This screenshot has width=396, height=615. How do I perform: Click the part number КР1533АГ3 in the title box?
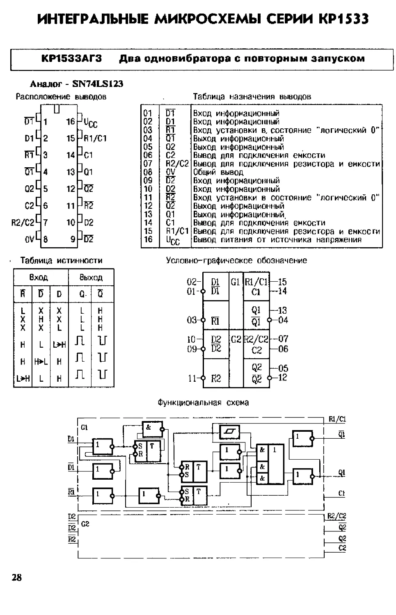tap(71, 59)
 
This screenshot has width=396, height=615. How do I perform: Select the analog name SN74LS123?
tap(98, 84)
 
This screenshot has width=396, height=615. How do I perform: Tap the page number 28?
tap(16, 578)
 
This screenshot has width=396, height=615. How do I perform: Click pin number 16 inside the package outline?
tap(71, 121)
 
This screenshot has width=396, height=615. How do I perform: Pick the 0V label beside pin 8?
tap(30, 239)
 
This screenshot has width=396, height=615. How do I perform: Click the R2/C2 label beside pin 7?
tap(23, 222)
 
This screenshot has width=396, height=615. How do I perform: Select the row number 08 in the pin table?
tap(148, 172)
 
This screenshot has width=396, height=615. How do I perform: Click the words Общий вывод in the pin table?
tap(218, 173)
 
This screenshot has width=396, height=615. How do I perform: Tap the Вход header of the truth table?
tap(39, 277)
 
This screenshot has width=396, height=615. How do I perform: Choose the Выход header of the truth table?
tap(91, 277)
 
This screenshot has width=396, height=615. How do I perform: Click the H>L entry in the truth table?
tap(41, 362)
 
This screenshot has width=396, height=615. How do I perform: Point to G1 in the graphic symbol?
tap(236, 282)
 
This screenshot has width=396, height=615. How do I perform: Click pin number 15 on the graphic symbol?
tap(282, 282)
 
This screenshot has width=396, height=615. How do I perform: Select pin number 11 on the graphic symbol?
tap(192, 378)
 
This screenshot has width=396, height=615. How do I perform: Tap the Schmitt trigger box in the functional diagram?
tap(230, 432)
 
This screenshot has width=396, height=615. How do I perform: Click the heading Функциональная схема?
tap(204, 403)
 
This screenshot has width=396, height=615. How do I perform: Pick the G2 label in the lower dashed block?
tap(85, 524)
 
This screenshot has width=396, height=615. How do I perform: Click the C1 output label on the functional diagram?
tap(341, 493)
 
